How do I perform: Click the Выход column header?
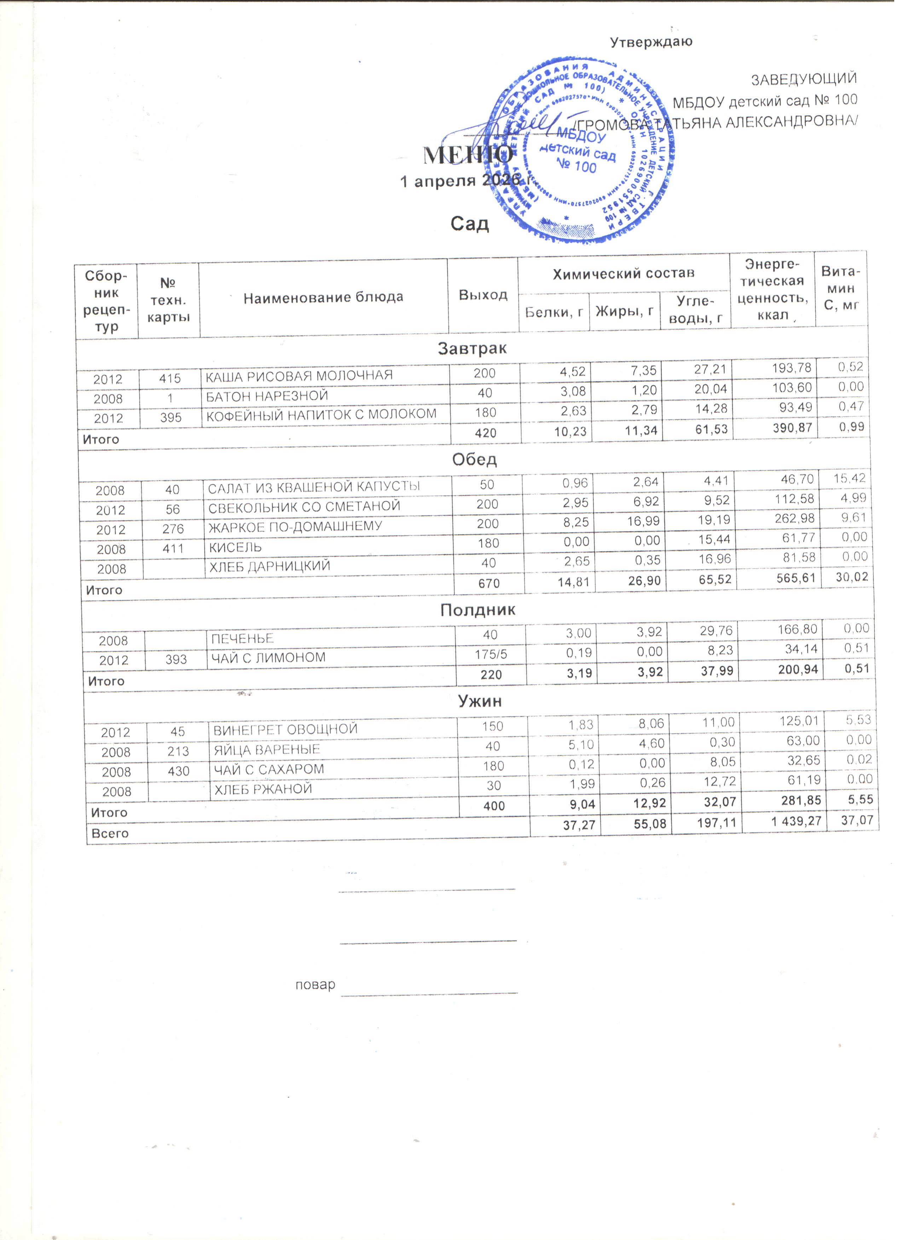(483, 295)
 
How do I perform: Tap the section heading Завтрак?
(472, 348)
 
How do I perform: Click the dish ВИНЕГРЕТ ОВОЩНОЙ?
(285, 729)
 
